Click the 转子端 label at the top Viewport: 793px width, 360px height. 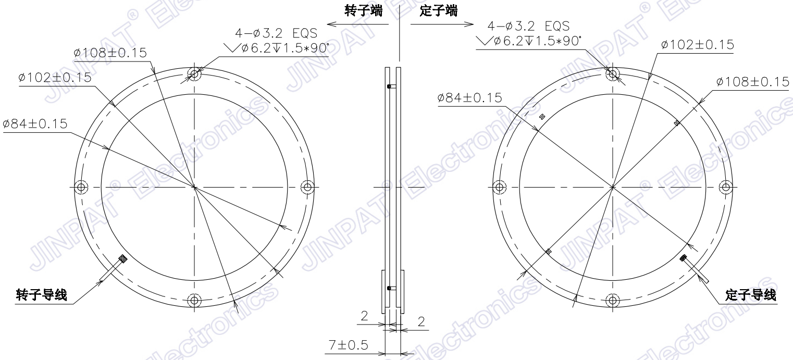coord(363,11)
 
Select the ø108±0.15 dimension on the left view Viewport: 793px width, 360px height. coord(110,53)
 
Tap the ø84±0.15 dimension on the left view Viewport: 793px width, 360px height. coord(35,123)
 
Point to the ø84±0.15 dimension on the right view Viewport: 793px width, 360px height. coord(470,98)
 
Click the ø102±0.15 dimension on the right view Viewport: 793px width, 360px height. coord(697,45)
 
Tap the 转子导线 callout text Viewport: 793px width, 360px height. coord(41,296)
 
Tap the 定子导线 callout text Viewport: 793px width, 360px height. coord(750,296)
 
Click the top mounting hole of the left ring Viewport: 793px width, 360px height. coord(194,74)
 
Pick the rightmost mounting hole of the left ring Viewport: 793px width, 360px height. coord(307,187)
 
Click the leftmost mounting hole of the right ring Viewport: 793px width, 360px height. coord(499,187)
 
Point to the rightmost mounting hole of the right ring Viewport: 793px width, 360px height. coord(725,187)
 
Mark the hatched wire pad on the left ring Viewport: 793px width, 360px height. coord(123,258)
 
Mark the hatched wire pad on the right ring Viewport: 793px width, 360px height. coord(684,257)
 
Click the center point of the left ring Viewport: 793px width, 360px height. coord(194,187)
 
